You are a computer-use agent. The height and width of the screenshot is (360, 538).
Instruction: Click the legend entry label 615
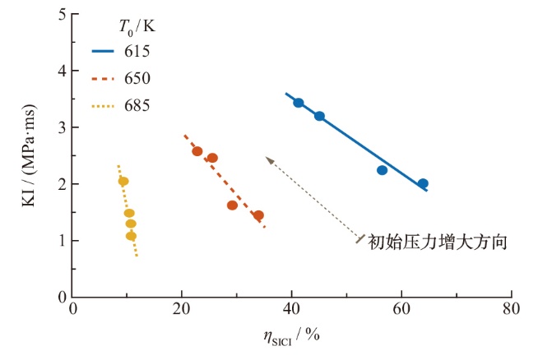(137, 52)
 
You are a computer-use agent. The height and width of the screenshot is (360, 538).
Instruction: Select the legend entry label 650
(137, 79)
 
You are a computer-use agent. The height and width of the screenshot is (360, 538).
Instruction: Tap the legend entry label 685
(137, 105)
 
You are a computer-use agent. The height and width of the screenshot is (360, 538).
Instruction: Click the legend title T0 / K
(137, 27)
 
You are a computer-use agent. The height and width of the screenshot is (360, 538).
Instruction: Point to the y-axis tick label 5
(63, 15)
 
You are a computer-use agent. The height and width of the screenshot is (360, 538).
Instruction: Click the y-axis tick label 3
(63, 127)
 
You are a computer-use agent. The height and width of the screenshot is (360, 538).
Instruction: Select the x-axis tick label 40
(291, 309)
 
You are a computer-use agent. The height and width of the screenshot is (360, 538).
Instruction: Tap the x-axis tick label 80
(511, 309)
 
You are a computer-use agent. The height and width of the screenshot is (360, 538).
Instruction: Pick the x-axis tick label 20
(181, 309)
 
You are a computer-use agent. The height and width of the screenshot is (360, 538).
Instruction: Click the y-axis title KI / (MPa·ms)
(29, 155)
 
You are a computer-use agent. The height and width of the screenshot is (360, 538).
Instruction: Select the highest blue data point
(299, 103)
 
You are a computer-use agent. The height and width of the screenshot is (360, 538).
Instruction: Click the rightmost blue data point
(423, 183)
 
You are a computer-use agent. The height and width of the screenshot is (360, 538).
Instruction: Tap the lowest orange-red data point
(258, 215)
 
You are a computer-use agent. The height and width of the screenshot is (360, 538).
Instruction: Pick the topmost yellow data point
(123, 182)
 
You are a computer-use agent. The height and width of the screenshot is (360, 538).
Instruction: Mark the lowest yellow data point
(131, 236)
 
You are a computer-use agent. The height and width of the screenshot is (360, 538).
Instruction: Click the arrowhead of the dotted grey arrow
(269, 160)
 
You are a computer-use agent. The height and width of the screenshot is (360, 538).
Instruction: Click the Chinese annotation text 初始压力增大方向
(438, 242)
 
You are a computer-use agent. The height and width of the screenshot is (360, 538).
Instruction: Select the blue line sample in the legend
(103, 52)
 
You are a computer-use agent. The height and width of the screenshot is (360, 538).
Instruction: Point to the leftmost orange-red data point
(197, 151)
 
